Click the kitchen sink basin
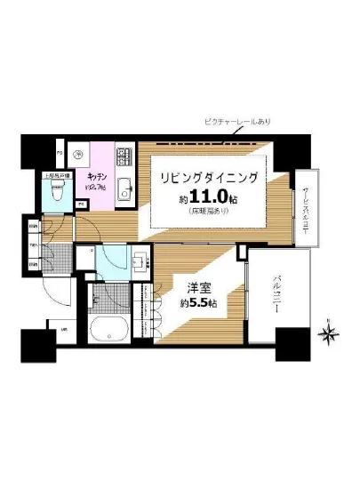pos(124,188)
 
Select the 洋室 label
pos(198,288)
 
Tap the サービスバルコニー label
pos(305,204)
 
